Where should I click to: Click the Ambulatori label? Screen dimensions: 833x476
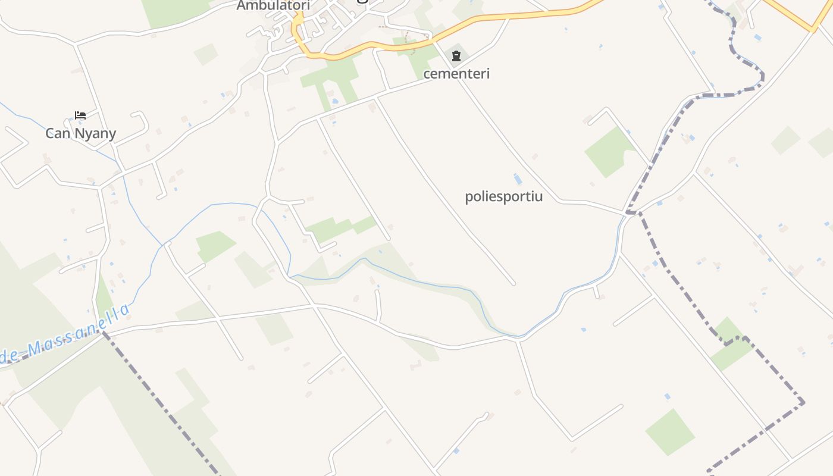tap(273, 6)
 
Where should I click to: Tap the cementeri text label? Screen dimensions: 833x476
tap(456, 73)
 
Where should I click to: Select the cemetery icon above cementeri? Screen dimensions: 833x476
tap(456, 57)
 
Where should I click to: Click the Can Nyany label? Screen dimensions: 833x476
tap(80, 133)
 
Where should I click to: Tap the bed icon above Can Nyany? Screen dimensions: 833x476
tap(80, 115)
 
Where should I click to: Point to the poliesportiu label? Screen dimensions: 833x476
tap(503, 196)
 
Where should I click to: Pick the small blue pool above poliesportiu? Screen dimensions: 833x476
tap(518, 179)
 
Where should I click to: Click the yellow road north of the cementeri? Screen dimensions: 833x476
tap(506, 17)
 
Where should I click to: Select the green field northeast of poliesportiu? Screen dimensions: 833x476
tap(607, 152)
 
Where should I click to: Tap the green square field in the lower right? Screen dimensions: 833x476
tap(670, 431)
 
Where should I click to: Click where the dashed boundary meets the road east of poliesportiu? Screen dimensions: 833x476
tap(631, 212)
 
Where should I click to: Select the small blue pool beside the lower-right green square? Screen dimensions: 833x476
tap(667, 396)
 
